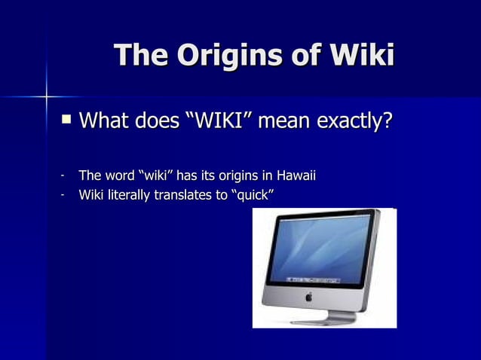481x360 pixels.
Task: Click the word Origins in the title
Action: point(226,56)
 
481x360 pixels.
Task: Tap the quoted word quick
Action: point(250,197)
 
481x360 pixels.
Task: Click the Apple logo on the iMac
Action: point(308,297)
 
